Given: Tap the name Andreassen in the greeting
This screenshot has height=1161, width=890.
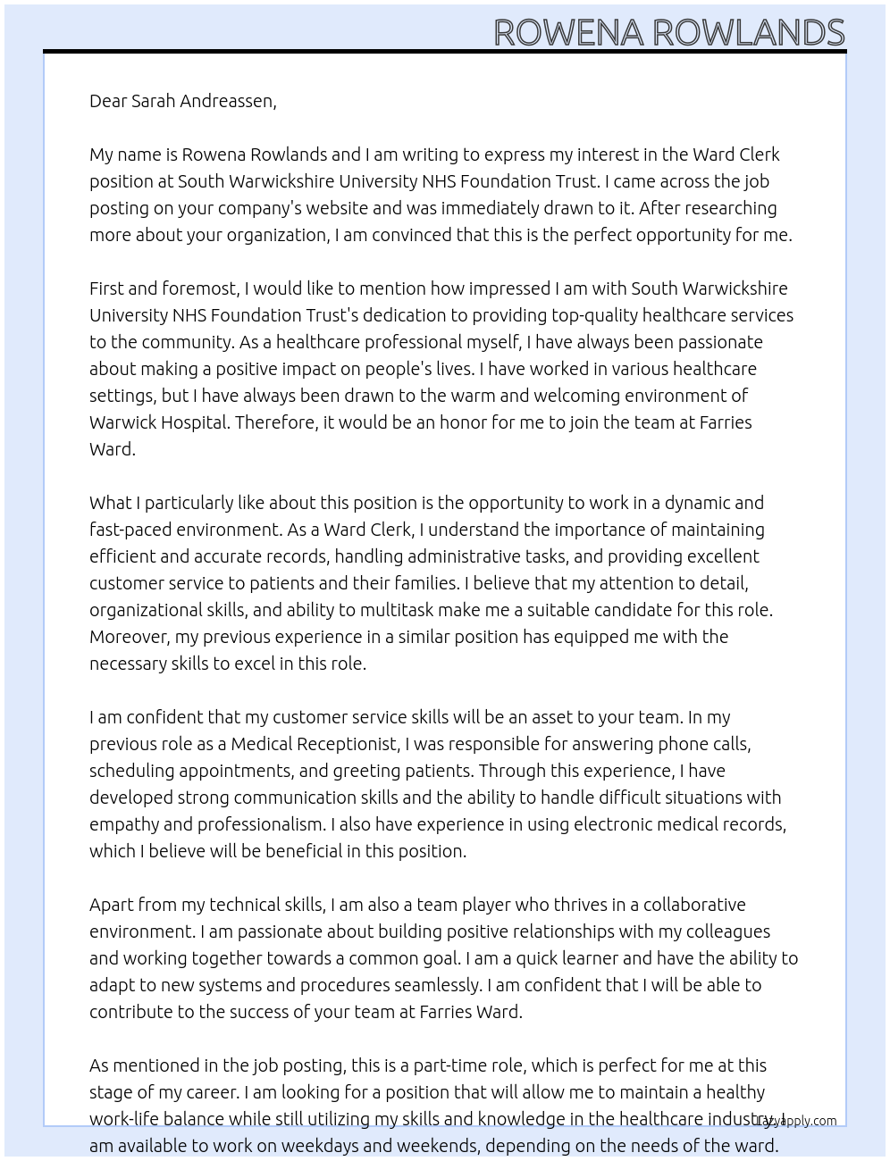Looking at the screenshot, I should coord(229,101).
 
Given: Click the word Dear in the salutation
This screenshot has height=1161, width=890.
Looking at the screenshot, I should coord(108,101).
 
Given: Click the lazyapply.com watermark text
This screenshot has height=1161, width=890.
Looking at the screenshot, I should coord(797,1121).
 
